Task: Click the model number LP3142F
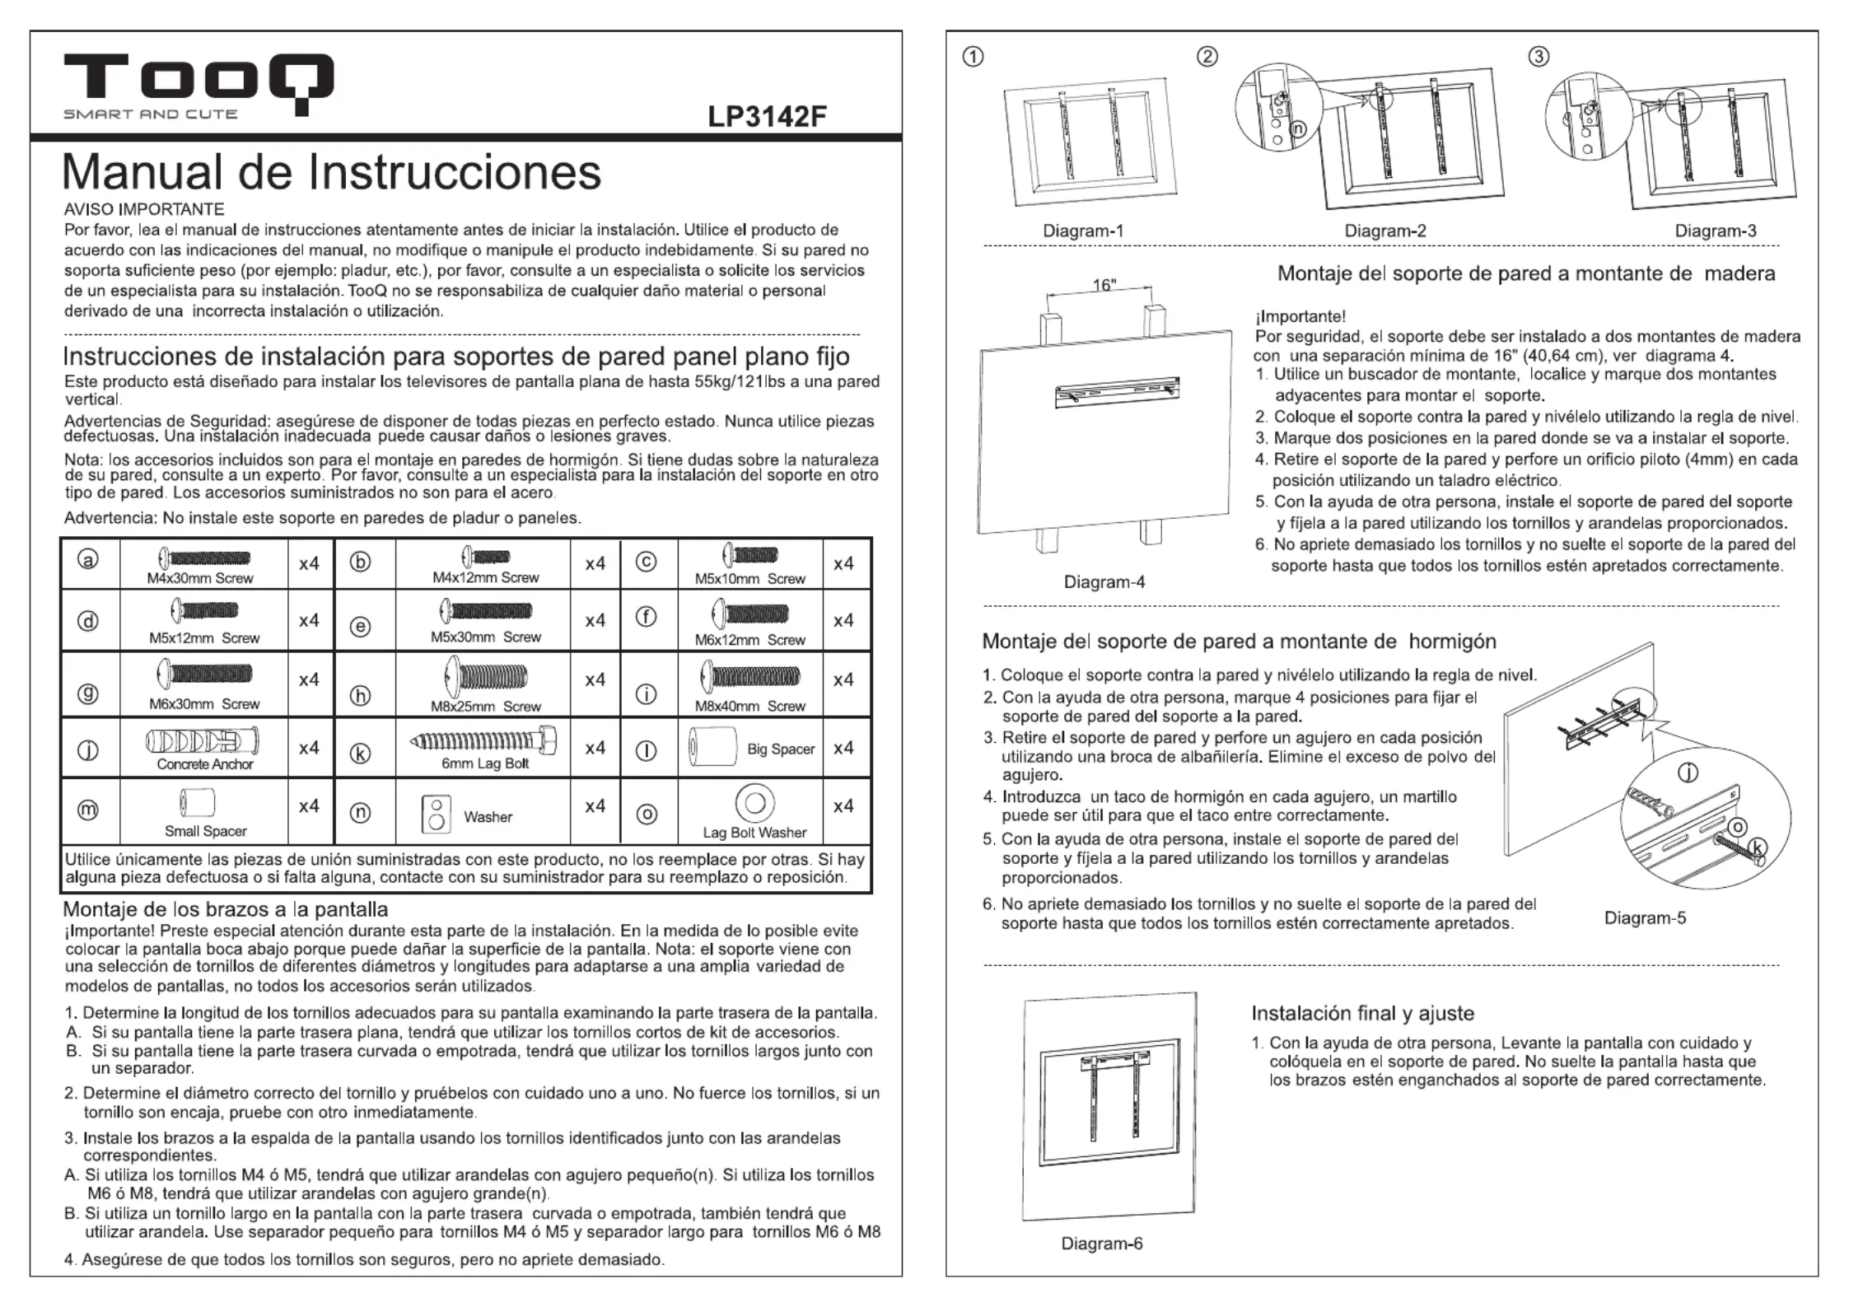click(x=766, y=117)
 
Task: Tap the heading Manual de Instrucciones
click(x=331, y=172)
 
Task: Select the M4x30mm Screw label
click(x=200, y=578)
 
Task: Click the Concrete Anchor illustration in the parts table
click(x=203, y=740)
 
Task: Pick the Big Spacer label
click(x=780, y=749)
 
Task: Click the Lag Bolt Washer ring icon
click(x=754, y=802)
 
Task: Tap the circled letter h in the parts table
click(x=360, y=696)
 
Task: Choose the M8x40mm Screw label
click(x=749, y=706)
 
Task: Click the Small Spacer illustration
click(x=198, y=803)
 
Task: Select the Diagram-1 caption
click(x=1083, y=231)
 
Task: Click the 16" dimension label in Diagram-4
click(x=1104, y=285)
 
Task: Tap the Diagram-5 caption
click(x=1645, y=917)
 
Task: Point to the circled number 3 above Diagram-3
click(x=1538, y=56)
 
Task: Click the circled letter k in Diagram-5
click(x=1758, y=847)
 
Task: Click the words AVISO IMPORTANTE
click(x=144, y=209)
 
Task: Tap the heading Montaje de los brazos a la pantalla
click(x=225, y=909)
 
